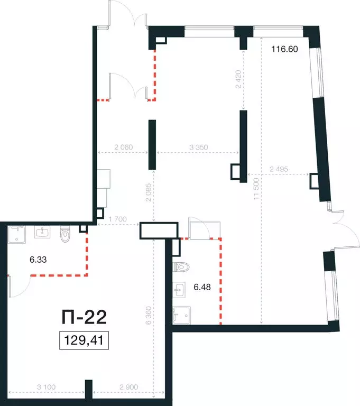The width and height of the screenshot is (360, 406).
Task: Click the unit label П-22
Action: tap(84, 317)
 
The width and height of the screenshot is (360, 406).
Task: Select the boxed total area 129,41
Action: tap(84, 340)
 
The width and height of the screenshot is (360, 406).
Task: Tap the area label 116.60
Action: tap(284, 49)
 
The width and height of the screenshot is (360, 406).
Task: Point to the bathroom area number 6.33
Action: tap(38, 259)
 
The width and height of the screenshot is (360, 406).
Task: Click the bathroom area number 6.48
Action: tap(202, 287)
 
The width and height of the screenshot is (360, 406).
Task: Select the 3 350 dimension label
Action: tap(199, 147)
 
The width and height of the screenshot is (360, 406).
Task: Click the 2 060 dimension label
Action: tap(124, 147)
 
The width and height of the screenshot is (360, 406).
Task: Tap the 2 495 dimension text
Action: tap(279, 169)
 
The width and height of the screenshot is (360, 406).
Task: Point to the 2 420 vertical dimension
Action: tap(238, 79)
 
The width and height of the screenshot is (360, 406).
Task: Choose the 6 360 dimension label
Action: tap(148, 316)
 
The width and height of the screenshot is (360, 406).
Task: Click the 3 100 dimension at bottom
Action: tap(46, 387)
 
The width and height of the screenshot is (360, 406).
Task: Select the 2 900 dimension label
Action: tap(128, 387)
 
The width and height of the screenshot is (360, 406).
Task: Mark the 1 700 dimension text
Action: tap(117, 219)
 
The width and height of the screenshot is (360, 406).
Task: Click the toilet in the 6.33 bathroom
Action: tap(64, 234)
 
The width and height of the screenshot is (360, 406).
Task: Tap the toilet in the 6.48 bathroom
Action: tap(181, 266)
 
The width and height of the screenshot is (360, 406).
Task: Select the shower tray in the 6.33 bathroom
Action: tap(17, 234)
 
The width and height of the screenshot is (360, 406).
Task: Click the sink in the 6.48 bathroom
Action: tap(179, 290)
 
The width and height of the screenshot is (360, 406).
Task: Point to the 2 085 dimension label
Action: tap(148, 192)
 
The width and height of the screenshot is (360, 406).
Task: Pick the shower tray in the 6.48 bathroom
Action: tap(181, 316)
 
